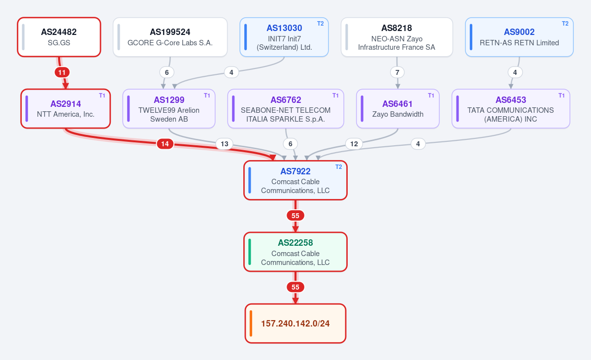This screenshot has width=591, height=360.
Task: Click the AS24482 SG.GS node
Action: pos(59,37)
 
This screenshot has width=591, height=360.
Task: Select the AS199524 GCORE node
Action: pos(170,37)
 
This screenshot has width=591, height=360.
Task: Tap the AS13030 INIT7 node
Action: pos(284,37)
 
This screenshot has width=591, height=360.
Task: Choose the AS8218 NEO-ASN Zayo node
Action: pos(397,37)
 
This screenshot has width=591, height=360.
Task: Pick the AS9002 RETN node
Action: pos(519,37)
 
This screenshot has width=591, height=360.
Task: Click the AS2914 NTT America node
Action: pos(66,109)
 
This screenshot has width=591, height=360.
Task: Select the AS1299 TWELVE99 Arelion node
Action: pos(169,109)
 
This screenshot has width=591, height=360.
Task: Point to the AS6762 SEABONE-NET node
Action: pos(286,109)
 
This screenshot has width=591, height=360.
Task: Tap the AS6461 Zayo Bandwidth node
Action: pos(398,109)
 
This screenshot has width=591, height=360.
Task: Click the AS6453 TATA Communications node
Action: pos(511,109)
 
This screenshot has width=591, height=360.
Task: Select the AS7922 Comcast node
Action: pos(295,180)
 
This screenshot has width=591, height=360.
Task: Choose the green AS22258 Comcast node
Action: pos(295,252)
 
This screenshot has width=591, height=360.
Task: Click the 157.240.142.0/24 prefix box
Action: pos(295,324)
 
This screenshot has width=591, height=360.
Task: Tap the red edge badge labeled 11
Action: pos(62,72)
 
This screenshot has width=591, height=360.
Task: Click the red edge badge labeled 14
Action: pos(165,144)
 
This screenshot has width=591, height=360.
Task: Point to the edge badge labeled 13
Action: pos(225,144)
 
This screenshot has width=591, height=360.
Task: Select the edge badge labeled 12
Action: pos(354,144)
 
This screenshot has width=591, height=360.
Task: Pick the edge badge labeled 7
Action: pos(397,72)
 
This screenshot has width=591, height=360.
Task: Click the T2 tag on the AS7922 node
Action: pos(339,167)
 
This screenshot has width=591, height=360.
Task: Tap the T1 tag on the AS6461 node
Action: pos(431,96)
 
